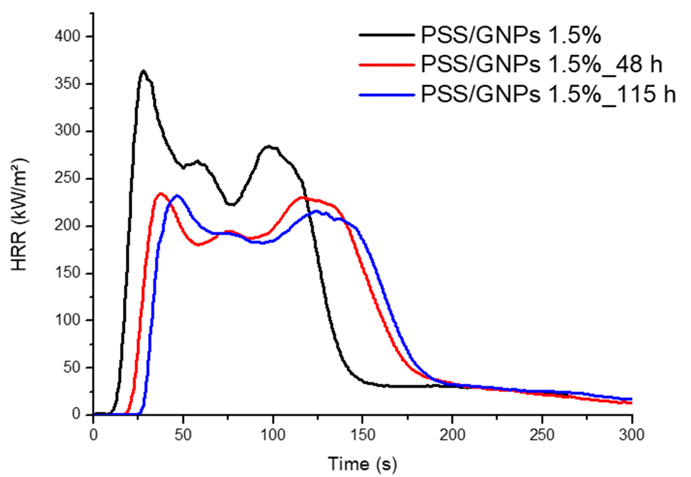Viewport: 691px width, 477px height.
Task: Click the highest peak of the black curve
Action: (x=144, y=71)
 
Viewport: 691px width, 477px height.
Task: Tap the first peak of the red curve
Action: (x=161, y=193)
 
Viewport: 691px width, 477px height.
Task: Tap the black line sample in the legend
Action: (x=387, y=35)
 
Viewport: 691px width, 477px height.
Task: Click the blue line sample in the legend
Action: (x=387, y=95)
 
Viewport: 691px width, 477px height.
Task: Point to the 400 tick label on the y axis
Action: (x=68, y=37)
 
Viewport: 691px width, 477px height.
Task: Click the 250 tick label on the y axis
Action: (x=68, y=179)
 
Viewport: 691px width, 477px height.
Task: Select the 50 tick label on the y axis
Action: (x=72, y=368)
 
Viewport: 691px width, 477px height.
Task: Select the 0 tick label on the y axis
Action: (x=76, y=414)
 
